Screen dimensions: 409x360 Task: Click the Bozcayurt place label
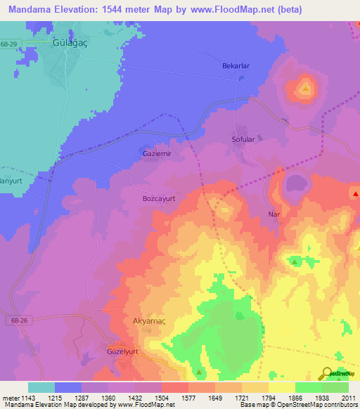coord(159,199)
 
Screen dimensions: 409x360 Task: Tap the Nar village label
coord(274,214)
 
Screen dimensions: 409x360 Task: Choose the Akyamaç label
coord(150,321)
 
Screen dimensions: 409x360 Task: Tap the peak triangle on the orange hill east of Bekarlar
coord(305,89)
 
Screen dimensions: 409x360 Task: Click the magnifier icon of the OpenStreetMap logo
coord(328,373)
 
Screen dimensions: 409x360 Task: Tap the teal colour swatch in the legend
coord(41,387)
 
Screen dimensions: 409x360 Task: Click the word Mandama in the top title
coord(32,10)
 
